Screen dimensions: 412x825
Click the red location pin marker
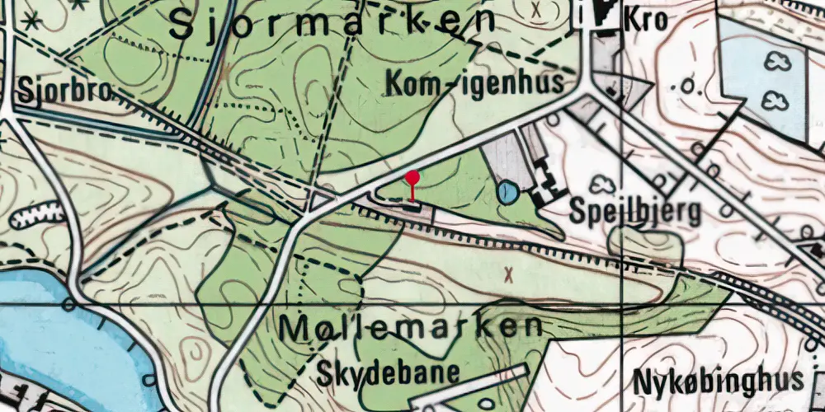pyautogui.click(x=412, y=178)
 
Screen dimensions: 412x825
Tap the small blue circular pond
pyautogui.click(x=508, y=194)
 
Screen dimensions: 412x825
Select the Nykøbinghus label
pyautogui.click(x=718, y=381)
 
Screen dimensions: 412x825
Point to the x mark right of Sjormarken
pyautogui.click(x=538, y=11)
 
